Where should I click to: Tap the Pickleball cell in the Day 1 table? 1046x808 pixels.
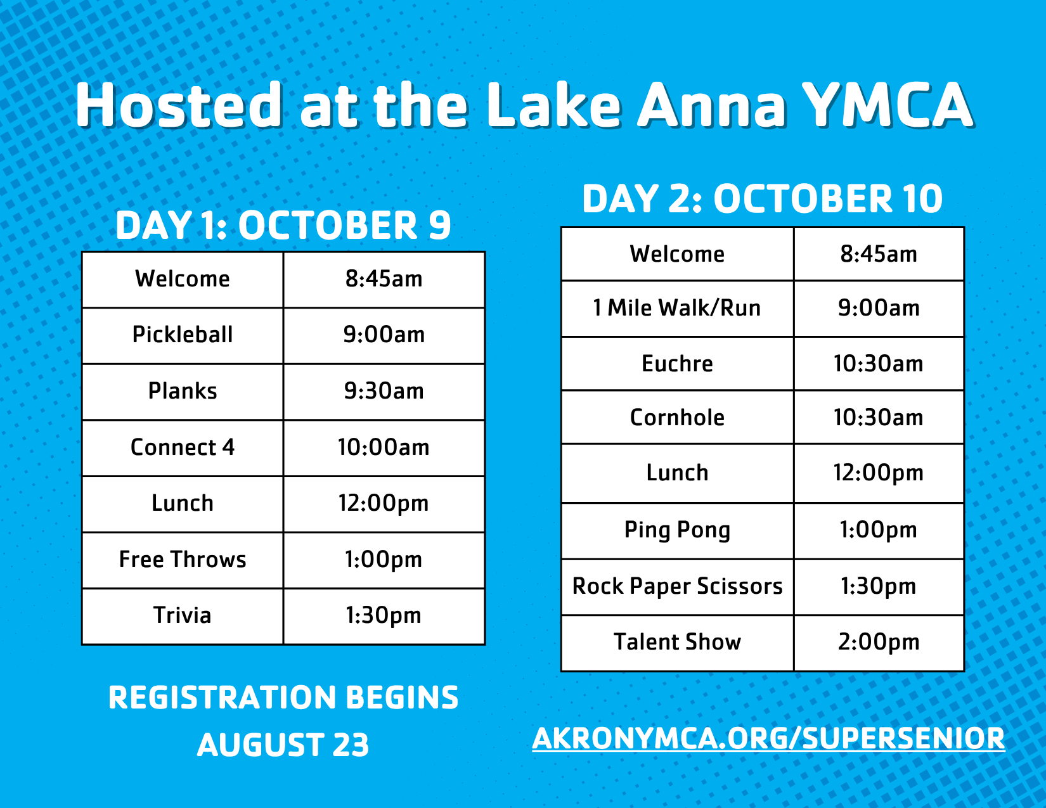183,335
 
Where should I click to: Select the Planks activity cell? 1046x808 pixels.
183,392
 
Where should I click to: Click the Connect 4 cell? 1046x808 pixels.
183,448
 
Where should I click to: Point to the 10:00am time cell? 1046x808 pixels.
384,448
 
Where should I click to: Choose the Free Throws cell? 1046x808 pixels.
183,560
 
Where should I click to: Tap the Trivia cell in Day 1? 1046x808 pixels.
183,617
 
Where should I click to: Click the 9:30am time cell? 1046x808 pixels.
384,392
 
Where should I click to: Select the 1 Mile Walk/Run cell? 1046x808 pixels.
677,309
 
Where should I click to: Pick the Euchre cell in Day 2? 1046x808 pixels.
677,364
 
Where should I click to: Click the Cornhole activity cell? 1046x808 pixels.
677,418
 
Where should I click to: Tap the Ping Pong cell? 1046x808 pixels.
677,531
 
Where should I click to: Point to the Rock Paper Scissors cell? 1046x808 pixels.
677,587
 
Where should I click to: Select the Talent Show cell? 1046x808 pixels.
677,643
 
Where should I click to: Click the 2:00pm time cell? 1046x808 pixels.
879,643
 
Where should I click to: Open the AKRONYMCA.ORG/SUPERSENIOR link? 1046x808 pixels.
769,738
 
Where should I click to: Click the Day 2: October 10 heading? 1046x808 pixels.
763,199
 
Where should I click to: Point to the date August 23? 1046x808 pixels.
283,745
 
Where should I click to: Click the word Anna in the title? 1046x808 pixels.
711,105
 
